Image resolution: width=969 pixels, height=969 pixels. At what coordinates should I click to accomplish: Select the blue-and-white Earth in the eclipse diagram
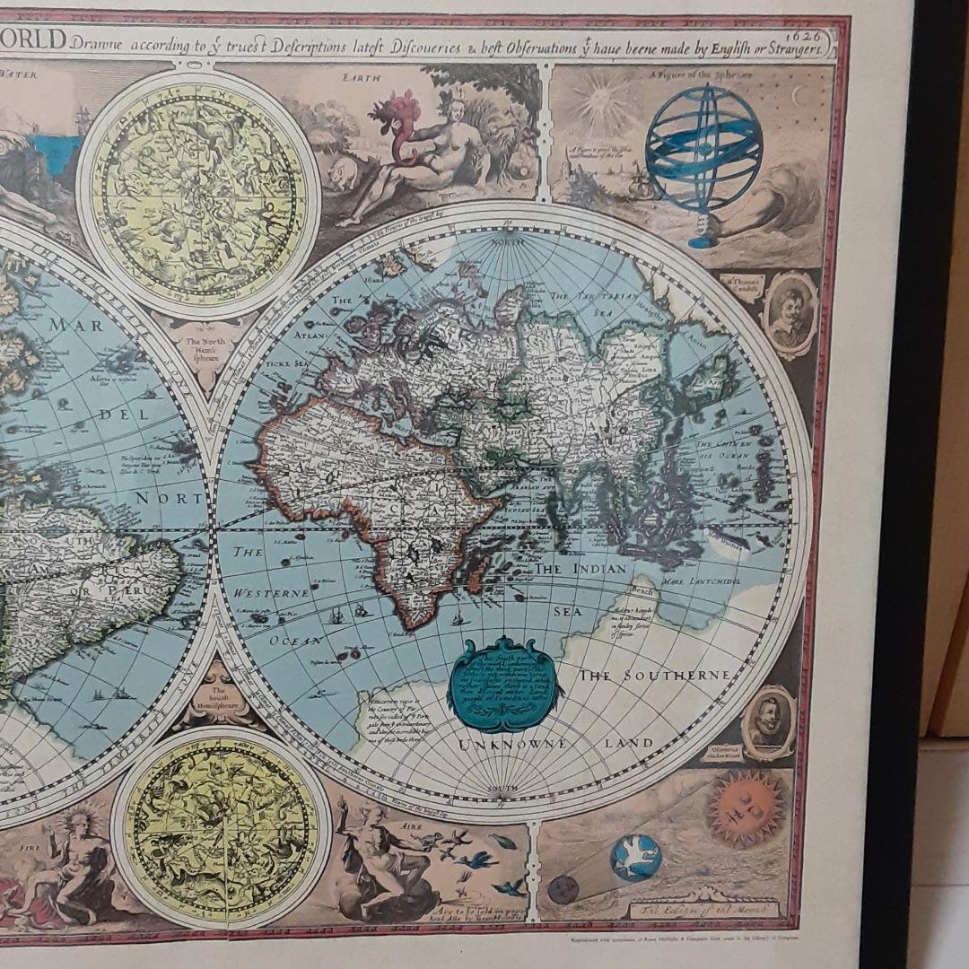click(x=635, y=858)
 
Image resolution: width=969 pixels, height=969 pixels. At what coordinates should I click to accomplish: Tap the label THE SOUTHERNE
click(x=653, y=675)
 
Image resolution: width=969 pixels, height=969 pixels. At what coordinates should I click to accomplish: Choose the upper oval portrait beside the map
click(x=790, y=315)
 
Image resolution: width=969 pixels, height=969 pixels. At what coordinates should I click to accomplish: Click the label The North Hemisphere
click(x=208, y=346)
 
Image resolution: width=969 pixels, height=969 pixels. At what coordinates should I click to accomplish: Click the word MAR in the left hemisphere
click(x=76, y=326)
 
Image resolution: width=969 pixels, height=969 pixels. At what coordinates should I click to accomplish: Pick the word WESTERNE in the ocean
click(x=271, y=593)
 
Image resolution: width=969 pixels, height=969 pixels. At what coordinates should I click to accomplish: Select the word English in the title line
click(x=728, y=50)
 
